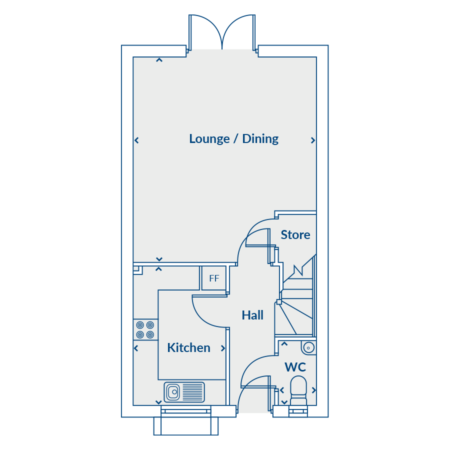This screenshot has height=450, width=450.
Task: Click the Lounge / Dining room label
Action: coord(233,139)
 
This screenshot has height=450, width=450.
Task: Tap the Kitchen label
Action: coord(188,348)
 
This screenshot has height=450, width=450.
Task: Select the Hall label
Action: coord(252,315)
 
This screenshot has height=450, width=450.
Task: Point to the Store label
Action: coord(295,235)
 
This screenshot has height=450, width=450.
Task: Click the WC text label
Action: coord(295,367)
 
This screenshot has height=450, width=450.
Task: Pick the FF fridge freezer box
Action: coord(214,278)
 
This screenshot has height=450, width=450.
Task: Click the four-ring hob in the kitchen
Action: coord(145,330)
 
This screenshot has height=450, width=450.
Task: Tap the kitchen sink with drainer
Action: coord(184,392)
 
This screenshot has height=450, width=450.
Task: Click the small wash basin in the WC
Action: coord(308,347)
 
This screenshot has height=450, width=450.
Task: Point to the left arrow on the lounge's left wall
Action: coord(136,140)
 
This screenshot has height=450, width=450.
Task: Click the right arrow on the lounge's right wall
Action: coord(313,140)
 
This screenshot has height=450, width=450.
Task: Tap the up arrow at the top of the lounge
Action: coord(159,60)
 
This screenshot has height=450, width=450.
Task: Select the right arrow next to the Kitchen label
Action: coord(223,348)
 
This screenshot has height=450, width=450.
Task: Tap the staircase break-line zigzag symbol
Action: coord(298,270)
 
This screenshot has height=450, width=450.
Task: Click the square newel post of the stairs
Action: coord(279,301)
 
